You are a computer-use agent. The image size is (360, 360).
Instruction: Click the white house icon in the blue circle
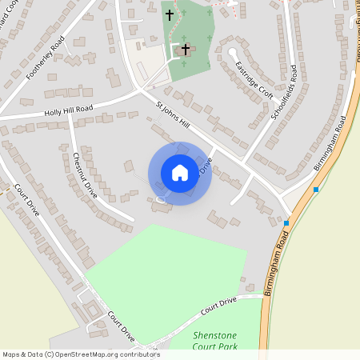pos(180,173)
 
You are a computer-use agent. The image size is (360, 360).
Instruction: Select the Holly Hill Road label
pos(69,110)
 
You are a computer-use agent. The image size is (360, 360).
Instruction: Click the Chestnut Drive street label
pos(85,175)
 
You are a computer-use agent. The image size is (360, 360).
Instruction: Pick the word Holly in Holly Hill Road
pos(54,113)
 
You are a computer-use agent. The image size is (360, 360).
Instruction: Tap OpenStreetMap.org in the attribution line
pos(86,354)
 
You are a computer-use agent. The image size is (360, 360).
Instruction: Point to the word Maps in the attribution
pos(11,354)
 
